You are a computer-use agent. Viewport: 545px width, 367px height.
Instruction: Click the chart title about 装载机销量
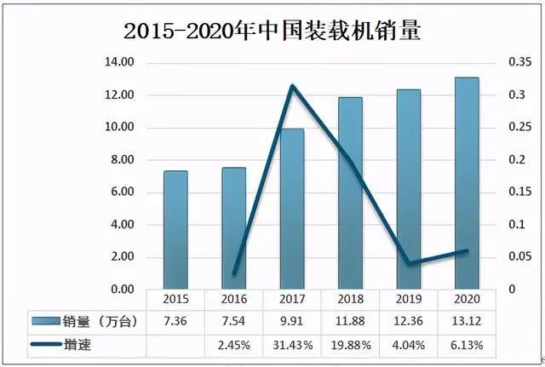pyautogui.click(x=272, y=32)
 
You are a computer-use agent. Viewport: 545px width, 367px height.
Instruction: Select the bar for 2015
pyautogui.click(x=175, y=230)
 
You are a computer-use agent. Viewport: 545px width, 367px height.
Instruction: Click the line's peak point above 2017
pyautogui.click(x=292, y=86)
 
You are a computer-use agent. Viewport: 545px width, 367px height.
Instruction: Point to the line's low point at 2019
pyautogui.click(x=409, y=264)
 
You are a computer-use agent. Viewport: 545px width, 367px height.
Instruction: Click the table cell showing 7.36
pyautogui.click(x=175, y=322)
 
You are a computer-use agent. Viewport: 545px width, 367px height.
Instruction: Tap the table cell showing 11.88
pyautogui.click(x=350, y=322)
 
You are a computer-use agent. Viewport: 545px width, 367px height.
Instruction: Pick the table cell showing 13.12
pyautogui.click(x=467, y=322)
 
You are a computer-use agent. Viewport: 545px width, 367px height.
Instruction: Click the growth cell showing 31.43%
pyautogui.click(x=292, y=345)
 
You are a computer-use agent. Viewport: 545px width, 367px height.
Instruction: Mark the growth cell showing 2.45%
pyautogui.click(x=233, y=345)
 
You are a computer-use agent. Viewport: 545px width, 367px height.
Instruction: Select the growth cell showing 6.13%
pyautogui.click(x=467, y=345)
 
